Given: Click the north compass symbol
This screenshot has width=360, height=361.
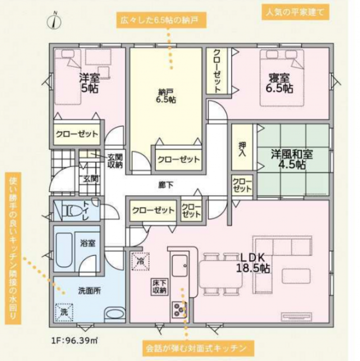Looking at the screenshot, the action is (54, 21).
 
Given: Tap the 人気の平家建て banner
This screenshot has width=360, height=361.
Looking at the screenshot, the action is (296, 12).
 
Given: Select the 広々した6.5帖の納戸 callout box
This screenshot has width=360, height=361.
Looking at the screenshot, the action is (161, 20).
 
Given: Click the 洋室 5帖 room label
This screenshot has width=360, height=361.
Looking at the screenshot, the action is (90, 83).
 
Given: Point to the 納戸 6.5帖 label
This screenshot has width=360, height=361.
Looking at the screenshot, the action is (166, 96).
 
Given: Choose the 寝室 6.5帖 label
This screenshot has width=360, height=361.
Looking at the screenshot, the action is (280, 83).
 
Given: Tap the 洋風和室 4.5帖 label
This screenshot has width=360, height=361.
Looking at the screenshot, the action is (292, 159).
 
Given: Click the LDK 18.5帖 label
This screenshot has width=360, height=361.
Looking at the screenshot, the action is (253, 263).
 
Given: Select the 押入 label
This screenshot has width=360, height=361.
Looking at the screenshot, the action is (242, 149).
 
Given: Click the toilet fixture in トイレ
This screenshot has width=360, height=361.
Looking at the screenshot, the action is (72, 210).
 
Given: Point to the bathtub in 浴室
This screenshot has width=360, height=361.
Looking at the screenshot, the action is (64, 250).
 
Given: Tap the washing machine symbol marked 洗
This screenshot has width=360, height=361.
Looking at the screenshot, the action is (64, 312).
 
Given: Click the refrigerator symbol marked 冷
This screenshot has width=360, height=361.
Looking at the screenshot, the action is (140, 261).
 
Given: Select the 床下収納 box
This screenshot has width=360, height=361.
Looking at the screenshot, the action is (159, 287).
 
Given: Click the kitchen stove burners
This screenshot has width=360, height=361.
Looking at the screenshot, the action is (180, 309).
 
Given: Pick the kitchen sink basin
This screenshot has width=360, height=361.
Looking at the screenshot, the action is (180, 266).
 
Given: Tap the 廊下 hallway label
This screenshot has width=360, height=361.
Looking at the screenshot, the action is (166, 185).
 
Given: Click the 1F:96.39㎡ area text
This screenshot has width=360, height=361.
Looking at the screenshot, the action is (74, 340).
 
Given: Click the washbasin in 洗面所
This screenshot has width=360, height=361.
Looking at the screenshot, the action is (115, 313).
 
